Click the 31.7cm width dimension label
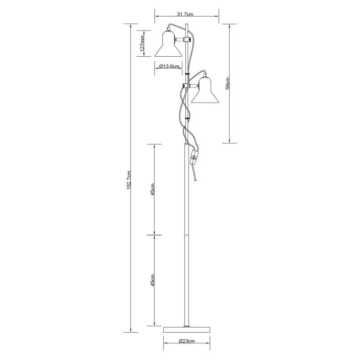[185, 14]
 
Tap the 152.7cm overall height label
[129, 180]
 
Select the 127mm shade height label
[142, 43]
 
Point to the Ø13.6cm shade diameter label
[169, 66]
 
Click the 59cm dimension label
[228, 83]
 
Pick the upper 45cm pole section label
[153, 189]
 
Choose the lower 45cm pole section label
[153, 280]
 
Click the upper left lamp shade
[168, 45]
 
